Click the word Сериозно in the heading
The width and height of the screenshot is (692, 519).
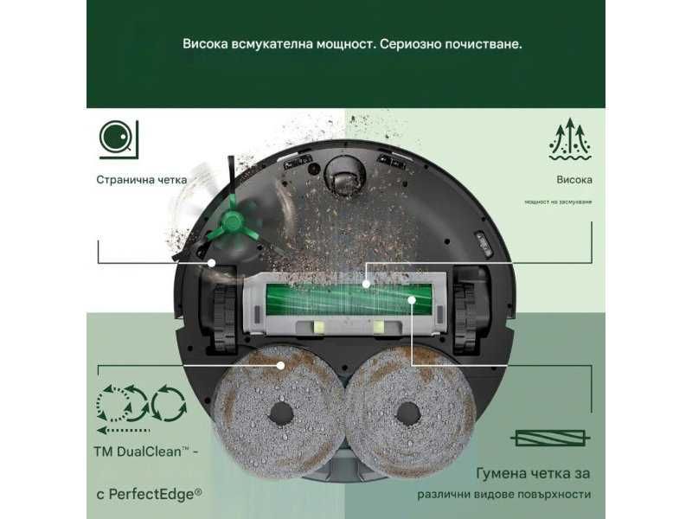[x=409, y=42]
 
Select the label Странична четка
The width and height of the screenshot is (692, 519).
[x=141, y=180]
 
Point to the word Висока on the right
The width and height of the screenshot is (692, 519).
[x=574, y=180]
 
